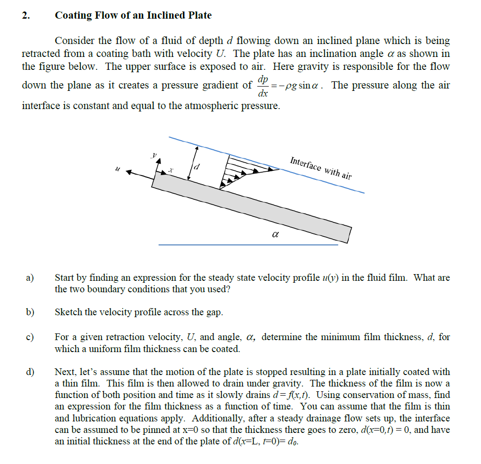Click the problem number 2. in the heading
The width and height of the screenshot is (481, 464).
click(25, 15)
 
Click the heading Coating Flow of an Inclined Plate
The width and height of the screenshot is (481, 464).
click(133, 15)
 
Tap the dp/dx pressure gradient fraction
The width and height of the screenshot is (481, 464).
click(263, 85)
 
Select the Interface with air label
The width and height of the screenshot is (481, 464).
click(321, 167)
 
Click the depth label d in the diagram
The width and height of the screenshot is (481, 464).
click(196, 166)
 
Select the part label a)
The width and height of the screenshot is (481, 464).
click(30, 278)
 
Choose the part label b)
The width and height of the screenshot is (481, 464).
click(30, 312)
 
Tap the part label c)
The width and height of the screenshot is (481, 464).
click(30, 337)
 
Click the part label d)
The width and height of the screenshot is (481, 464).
click(30, 372)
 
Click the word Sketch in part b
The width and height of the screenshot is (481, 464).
click(69, 312)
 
